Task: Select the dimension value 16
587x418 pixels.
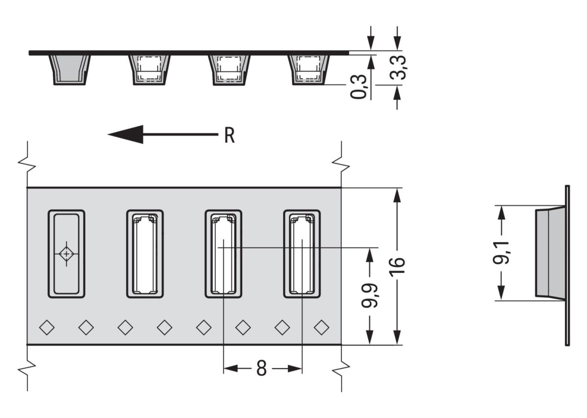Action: (399, 267)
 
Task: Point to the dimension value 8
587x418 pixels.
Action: (262, 369)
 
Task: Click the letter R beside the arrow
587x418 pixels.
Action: (229, 136)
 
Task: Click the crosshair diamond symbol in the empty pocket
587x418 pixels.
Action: (67, 254)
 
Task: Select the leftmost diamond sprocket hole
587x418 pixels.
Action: (47, 327)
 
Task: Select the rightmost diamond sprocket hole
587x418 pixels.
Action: (321, 327)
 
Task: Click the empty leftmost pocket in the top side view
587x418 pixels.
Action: (69, 69)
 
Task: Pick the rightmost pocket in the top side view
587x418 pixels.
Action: (309, 69)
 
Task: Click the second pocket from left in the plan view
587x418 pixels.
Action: (145, 254)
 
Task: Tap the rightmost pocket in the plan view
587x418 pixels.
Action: (302, 254)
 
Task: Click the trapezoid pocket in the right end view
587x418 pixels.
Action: (550, 253)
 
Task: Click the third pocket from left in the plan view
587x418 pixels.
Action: (223, 254)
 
